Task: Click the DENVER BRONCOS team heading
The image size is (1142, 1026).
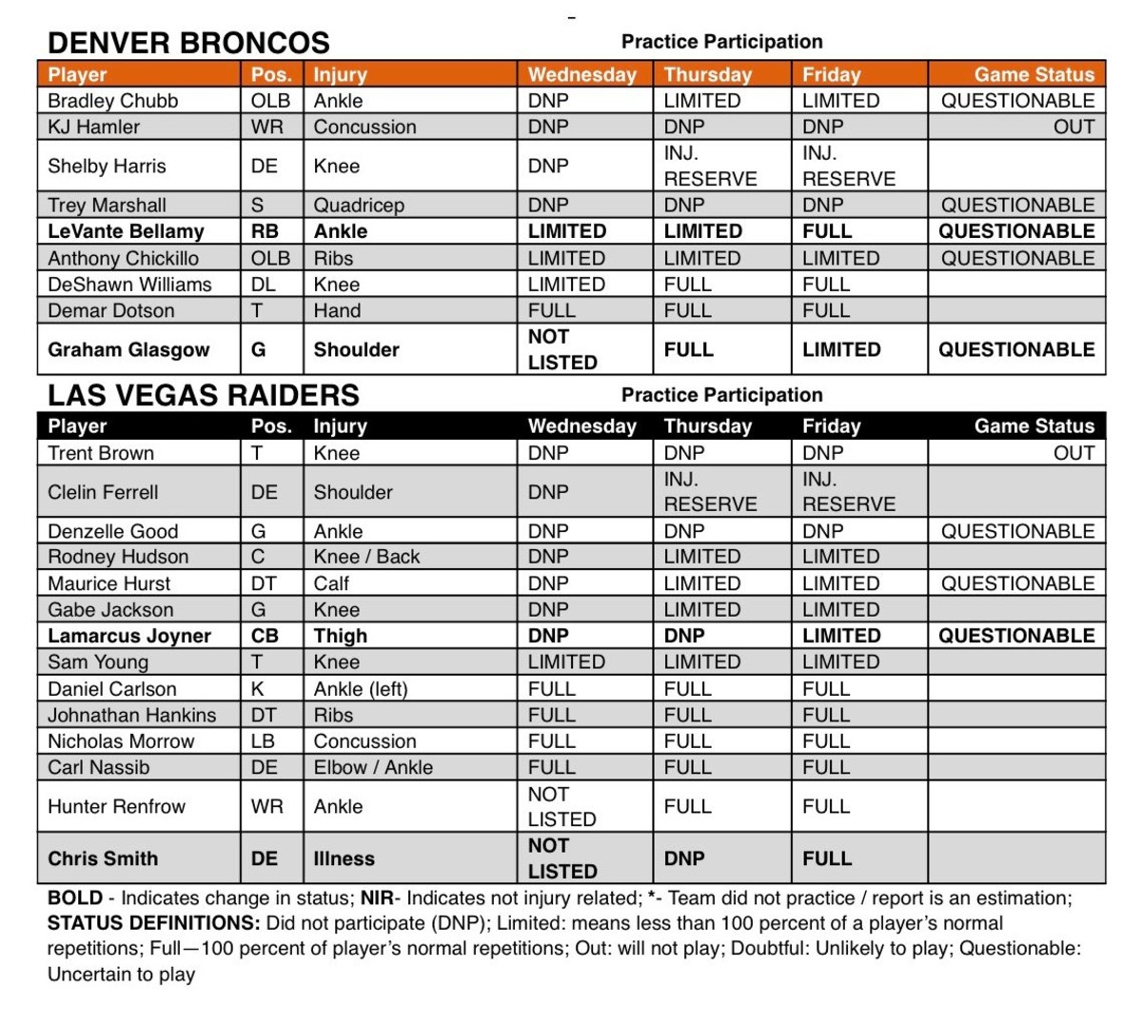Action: click(188, 43)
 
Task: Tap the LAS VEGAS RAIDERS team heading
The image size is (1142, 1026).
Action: click(204, 395)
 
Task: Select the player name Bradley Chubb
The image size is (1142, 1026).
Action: click(112, 101)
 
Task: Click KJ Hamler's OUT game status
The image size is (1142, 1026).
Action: click(1073, 127)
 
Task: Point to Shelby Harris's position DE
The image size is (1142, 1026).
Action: click(264, 166)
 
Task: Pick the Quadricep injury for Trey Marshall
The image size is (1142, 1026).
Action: click(359, 205)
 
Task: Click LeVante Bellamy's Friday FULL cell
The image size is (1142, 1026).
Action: click(826, 231)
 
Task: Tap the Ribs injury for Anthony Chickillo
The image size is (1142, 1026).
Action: click(333, 258)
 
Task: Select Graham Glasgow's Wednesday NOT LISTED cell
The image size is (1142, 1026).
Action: click(561, 349)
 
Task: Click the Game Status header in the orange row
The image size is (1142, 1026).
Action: click(1034, 74)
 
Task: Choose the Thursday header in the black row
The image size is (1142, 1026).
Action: click(707, 426)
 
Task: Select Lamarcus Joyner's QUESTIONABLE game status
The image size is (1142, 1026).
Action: click(1016, 636)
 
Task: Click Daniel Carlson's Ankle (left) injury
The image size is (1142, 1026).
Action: click(360, 689)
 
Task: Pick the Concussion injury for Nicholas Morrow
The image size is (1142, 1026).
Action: click(364, 741)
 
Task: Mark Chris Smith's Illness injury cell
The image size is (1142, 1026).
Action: click(344, 858)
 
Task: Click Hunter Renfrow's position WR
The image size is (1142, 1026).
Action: click(266, 806)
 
